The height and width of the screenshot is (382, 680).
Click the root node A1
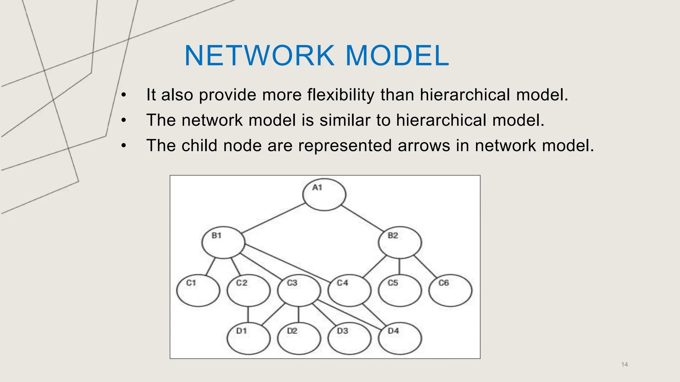(324, 195)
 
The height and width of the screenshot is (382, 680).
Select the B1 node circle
(223, 242)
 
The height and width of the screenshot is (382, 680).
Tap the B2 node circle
(400, 242)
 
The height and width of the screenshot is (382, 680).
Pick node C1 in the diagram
(198, 290)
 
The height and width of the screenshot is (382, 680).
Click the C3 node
(299, 290)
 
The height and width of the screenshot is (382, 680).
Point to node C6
(450, 290)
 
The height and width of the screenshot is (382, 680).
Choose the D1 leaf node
(248, 338)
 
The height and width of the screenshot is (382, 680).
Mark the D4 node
(400, 338)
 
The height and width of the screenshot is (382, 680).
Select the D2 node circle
(299, 338)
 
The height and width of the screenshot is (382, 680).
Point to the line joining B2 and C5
(399, 266)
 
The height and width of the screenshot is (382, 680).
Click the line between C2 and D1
(248, 314)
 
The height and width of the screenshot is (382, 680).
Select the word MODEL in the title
(397, 55)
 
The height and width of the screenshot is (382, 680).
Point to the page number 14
(624, 364)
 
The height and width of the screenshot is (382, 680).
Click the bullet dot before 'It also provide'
(124, 95)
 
